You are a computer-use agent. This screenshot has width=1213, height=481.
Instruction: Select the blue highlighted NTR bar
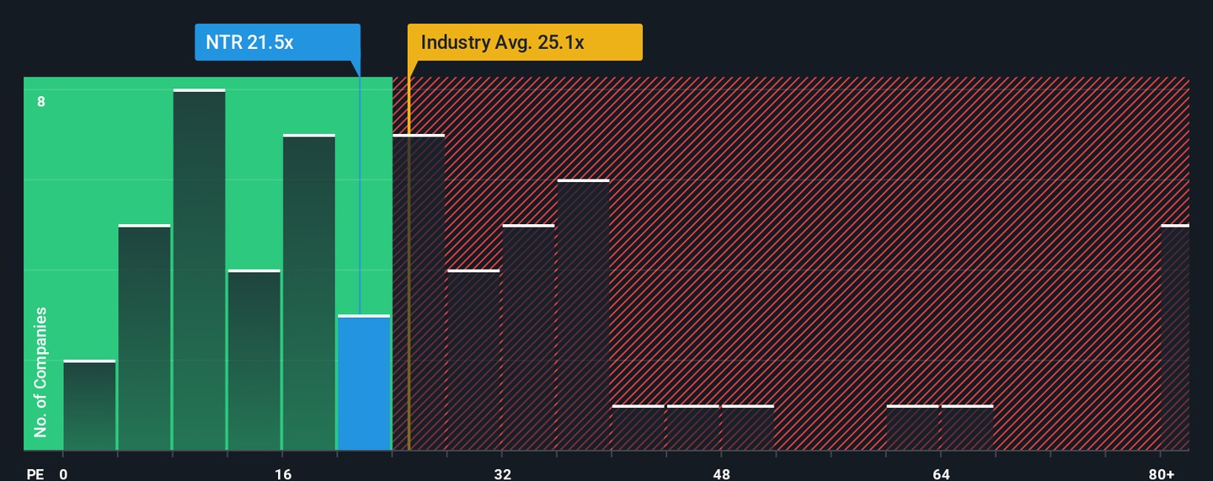point(364,383)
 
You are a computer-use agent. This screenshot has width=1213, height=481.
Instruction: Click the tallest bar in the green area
point(200,270)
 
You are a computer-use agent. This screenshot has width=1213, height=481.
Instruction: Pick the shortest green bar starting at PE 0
point(89,405)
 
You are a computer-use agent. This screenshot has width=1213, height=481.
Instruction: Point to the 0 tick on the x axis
point(63,473)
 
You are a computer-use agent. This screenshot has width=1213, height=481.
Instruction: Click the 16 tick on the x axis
point(283,473)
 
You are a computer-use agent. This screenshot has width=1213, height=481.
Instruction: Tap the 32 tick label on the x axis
point(503,473)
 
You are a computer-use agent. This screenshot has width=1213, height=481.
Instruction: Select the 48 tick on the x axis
point(722,473)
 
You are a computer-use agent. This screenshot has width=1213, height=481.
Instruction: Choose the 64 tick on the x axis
point(942,473)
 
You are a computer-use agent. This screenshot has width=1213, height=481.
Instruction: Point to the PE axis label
point(35,473)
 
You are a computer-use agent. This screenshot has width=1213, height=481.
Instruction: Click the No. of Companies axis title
point(40,372)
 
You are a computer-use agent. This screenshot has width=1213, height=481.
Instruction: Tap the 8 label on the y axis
point(40,102)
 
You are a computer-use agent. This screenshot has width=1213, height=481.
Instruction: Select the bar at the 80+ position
point(1176,337)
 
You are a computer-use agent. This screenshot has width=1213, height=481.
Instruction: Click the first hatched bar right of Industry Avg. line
point(419,292)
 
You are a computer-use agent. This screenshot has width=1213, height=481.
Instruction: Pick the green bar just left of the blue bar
point(309,292)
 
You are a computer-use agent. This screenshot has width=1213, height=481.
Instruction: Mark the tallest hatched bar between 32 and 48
point(584,315)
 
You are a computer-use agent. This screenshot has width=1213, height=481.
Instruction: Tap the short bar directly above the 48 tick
point(748,428)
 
